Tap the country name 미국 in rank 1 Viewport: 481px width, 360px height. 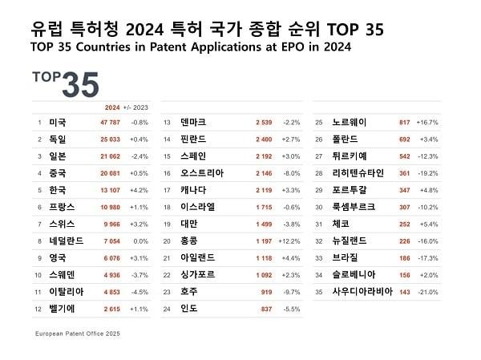[58, 123]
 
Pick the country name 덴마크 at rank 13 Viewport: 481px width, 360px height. [196, 123]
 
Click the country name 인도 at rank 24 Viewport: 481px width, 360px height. [189, 308]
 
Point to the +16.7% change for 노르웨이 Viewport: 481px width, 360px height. [427, 123]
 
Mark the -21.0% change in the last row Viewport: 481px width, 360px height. [427, 291]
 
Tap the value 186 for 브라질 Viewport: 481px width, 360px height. [404, 257]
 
